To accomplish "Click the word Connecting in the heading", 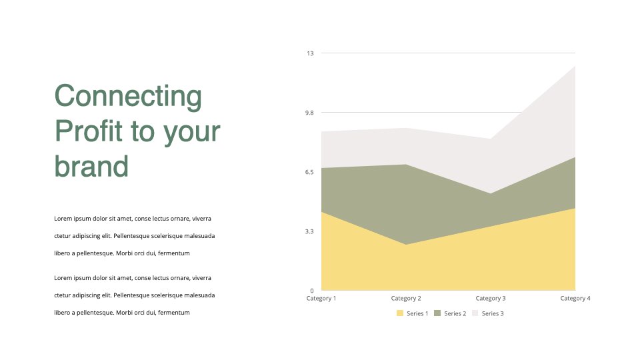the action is [x=128, y=96].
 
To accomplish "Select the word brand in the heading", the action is [x=91, y=166].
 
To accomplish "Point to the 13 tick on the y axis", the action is [x=310, y=53].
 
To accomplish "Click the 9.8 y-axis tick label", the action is [x=309, y=113].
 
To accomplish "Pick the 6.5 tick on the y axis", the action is [x=309, y=172].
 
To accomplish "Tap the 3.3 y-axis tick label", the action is [x=309, y=231].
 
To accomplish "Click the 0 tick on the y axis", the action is [x=312, y=291].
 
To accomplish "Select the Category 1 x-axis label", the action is [x=321, y=299].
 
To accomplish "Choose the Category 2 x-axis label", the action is [x=406, y=299].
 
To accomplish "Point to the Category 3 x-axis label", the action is [x=491, y=299].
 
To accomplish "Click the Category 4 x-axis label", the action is [x=575, y=299].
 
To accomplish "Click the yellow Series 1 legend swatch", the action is [x=400, y=313].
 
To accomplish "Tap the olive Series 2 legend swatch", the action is [x=437, y=313].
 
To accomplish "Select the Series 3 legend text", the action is [x=493, y=313].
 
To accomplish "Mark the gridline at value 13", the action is [x=448, y=53].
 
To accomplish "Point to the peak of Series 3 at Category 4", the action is [x=575, y=66].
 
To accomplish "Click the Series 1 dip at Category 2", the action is [x=406, y=245].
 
